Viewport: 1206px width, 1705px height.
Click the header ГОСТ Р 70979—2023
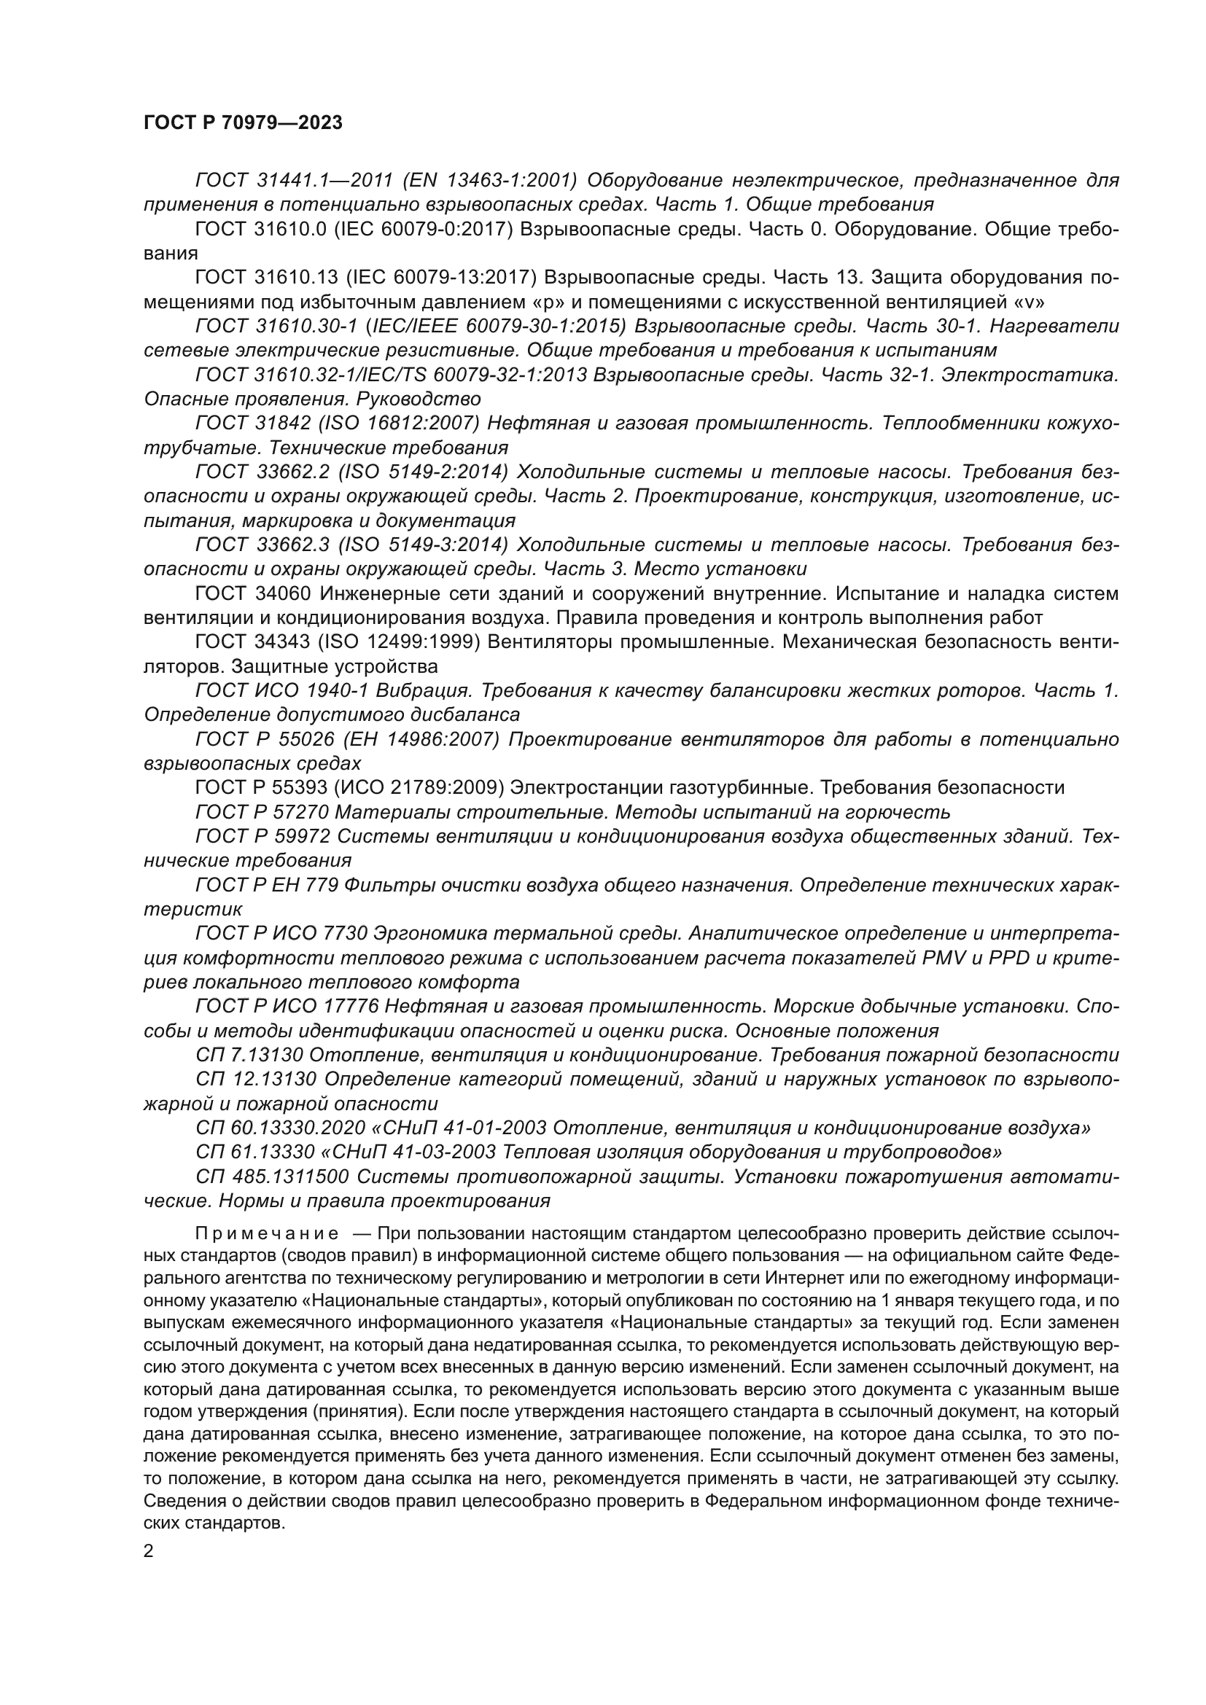(x=243, y=123)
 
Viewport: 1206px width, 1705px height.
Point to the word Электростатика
(x=1030, y=375)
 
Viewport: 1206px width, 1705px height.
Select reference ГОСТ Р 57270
(x=260, y=811)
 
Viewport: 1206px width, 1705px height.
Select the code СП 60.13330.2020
(x=279, y=1127)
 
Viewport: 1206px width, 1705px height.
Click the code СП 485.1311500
(x=271, y=1177)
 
